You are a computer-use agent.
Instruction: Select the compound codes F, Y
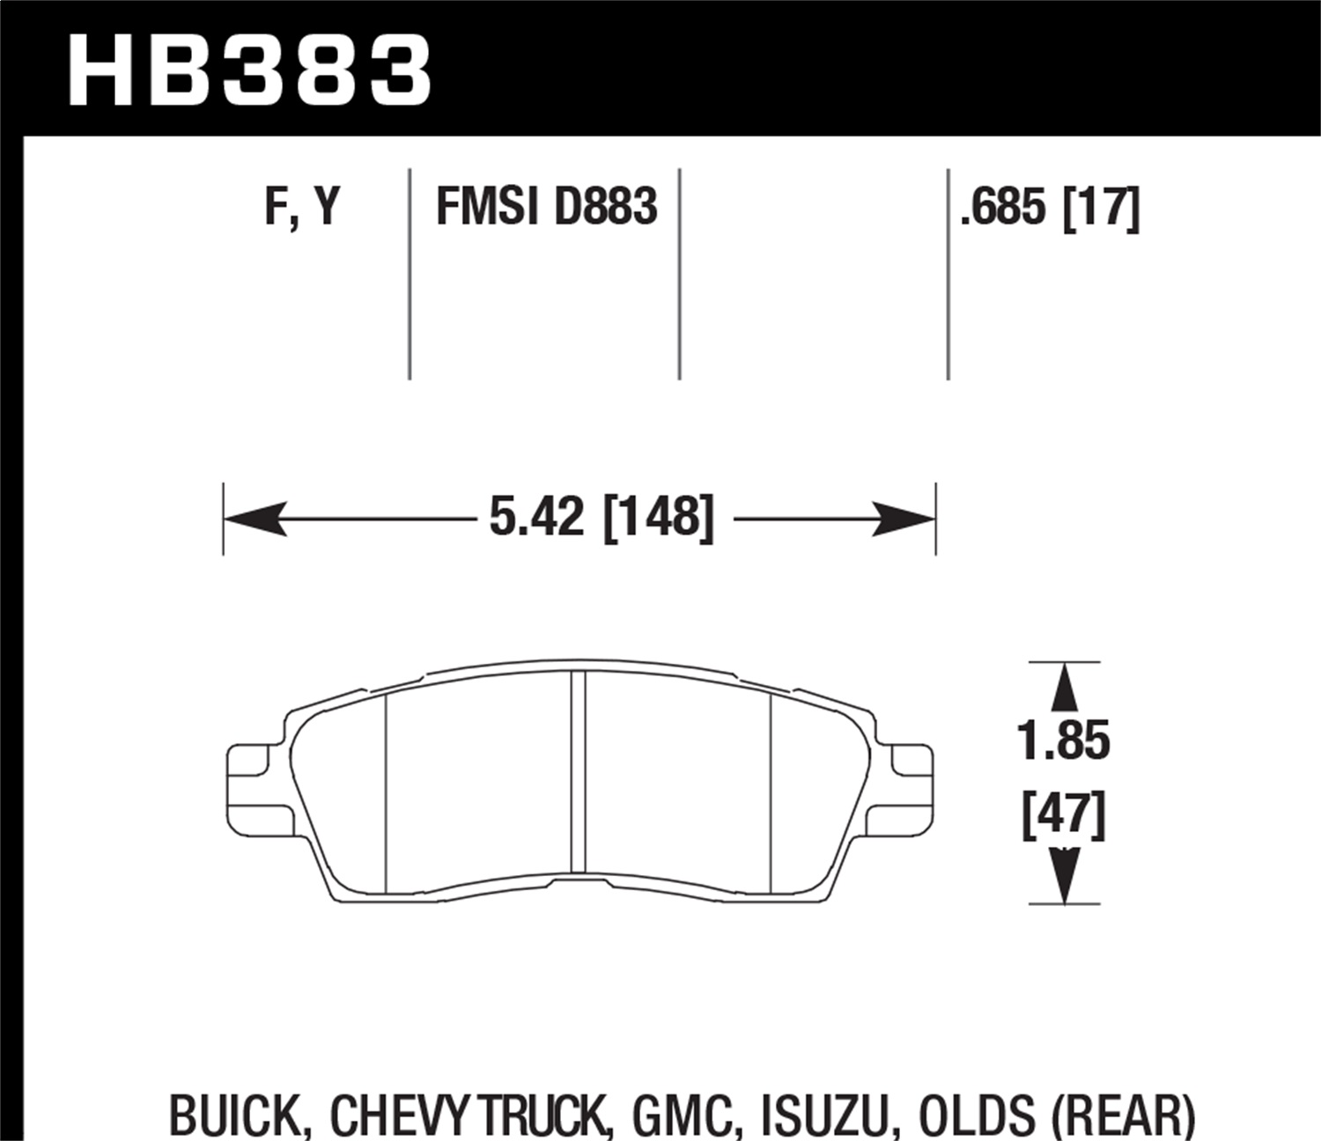click(x=302, y=209)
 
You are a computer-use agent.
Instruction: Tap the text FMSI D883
click(x=546, y=209)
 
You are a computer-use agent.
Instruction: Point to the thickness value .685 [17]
click(x=1050, y=209)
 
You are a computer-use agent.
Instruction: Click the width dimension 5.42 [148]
click(x=601, y=518)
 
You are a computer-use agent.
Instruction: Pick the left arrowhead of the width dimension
click(x=255, y=519)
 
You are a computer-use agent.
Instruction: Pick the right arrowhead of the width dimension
click(x=903, y=519)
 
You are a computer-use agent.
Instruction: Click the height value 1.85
click(x=1064, y=741)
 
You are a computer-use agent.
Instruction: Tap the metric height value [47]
click(x=1064, y=816)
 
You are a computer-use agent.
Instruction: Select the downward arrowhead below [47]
click(x=1065, y=876)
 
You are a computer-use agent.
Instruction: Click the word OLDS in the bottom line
click(x=976, y=1116)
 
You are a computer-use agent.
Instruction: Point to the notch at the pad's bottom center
click(x=578, y=881)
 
